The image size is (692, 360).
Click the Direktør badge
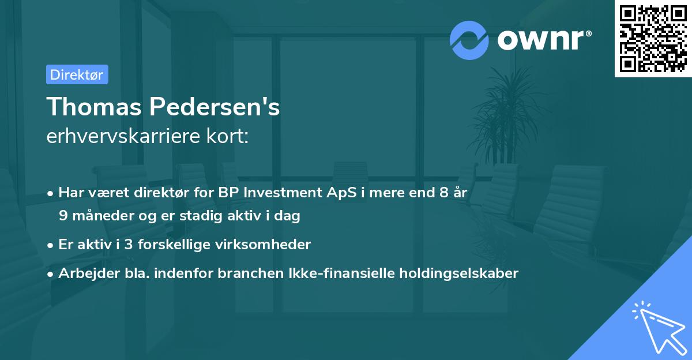point(77,74)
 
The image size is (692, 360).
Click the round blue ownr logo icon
point(469,40)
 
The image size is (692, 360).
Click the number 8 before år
point(442,193)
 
